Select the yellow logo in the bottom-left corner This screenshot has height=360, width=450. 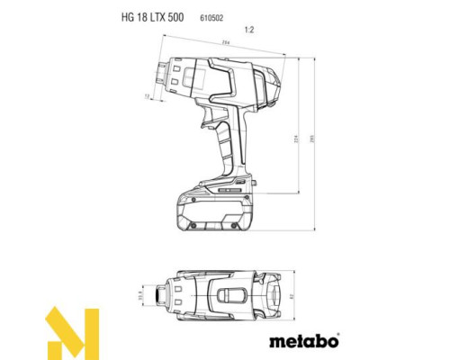point(72,332)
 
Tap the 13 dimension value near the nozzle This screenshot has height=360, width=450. point(146,94)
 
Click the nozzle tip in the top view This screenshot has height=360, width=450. point(163,294)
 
